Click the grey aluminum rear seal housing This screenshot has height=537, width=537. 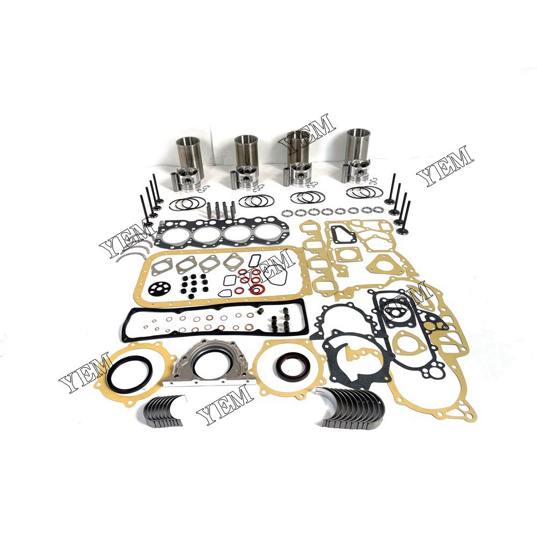[x=208, y=365]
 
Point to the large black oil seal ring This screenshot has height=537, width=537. [x=129, y=371]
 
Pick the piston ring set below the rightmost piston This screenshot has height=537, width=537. [x=364, y=192]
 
